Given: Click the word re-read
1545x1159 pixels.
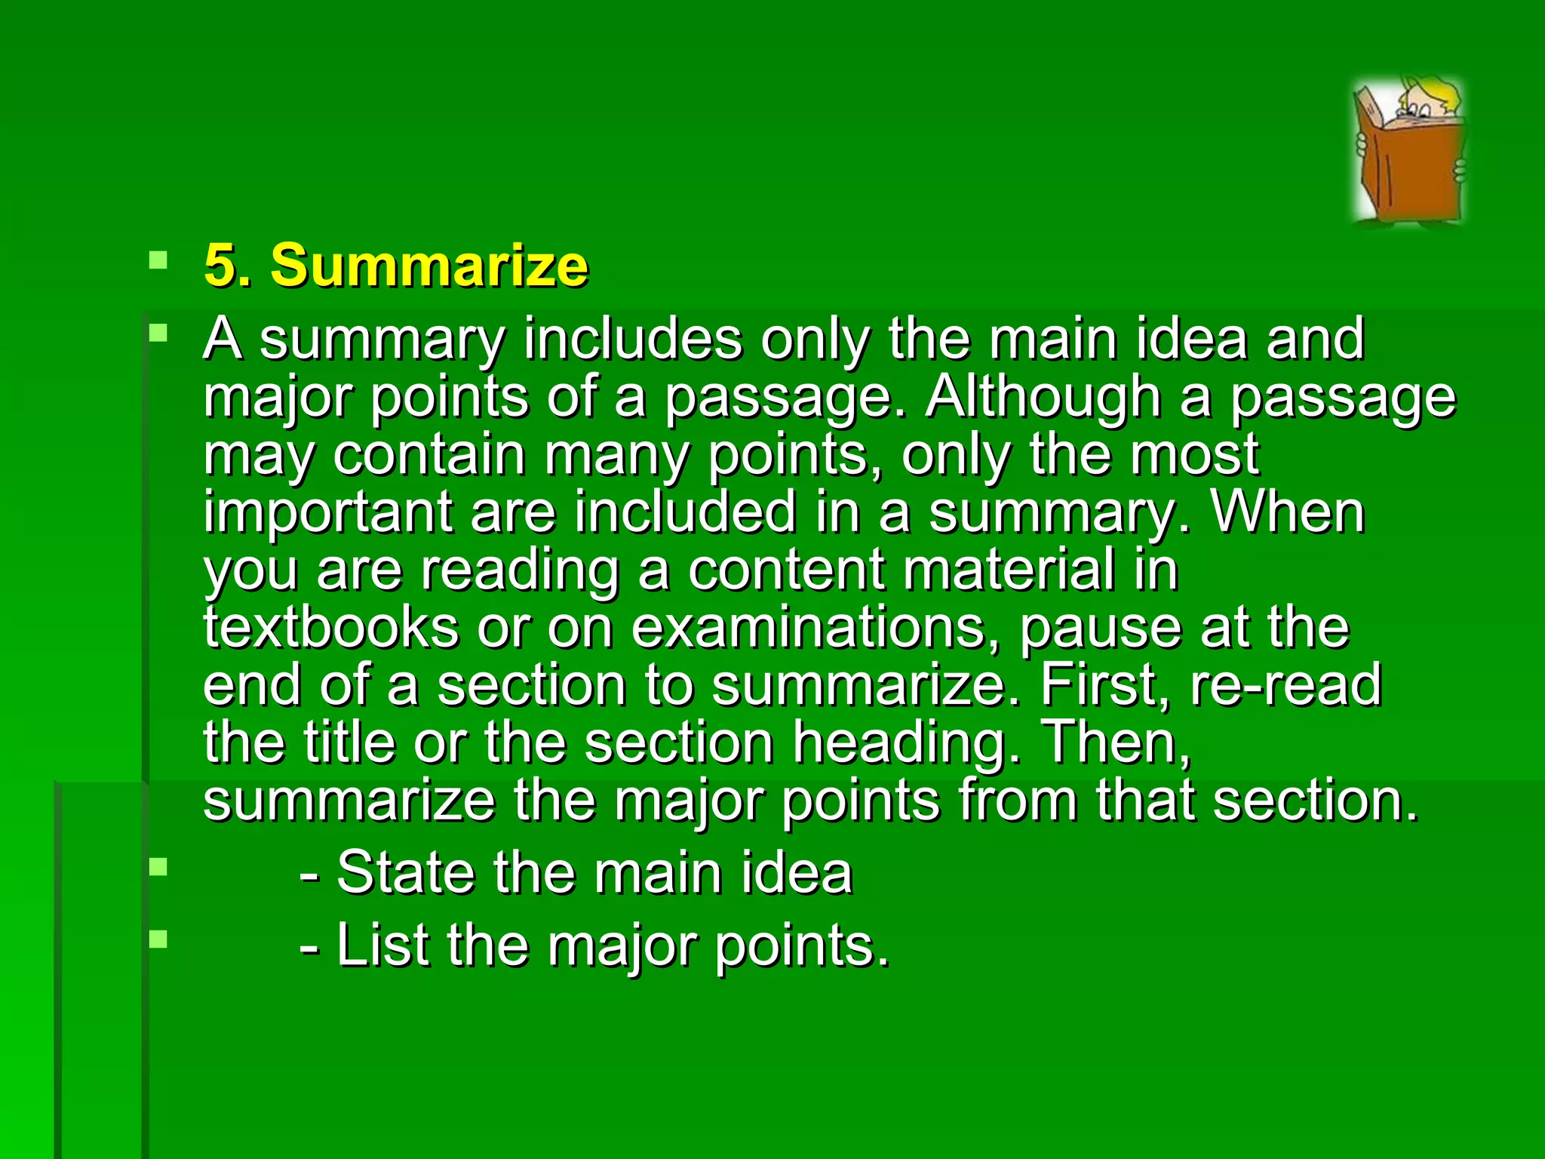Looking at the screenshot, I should click(1286, 685).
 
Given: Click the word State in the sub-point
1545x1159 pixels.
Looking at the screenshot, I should click(405, 874).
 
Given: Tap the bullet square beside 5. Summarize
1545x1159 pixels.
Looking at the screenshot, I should click(158, 261).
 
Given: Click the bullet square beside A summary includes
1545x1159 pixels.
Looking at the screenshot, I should click(158, 333).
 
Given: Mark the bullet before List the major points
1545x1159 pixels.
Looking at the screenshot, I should click(158, 939).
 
